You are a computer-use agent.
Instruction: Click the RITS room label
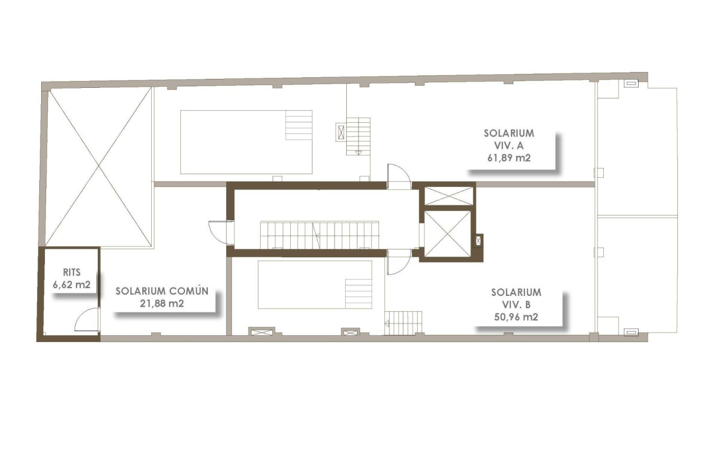(71, 273)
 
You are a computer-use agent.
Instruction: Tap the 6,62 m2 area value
(71, 285)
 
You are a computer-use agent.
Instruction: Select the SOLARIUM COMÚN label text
(162, 291)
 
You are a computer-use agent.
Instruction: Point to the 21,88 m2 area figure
(162, 303)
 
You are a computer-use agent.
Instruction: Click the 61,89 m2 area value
(509, 157)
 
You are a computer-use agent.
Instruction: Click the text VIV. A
(509, 145)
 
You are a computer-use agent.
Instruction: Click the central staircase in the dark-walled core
(319, 235)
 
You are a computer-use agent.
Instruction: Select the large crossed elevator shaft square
(447, 233)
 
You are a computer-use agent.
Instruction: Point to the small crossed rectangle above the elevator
(449, 196)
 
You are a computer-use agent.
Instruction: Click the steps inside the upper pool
(299, 125)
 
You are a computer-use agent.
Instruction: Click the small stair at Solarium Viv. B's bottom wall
(404, 322)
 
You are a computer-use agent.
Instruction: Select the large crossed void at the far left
(99, 167)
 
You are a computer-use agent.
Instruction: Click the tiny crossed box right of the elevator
(479, 241)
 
